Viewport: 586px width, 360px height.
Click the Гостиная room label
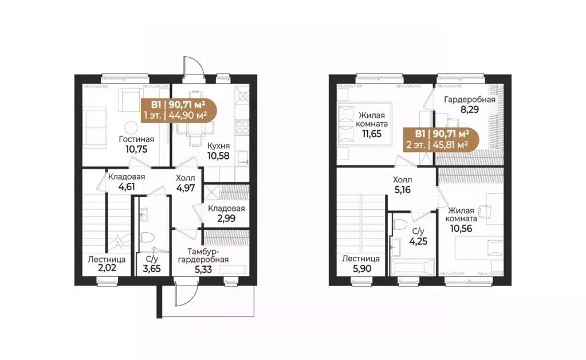[136, 139]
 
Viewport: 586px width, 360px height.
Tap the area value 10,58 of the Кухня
[219, 155]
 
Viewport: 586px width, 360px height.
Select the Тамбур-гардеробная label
[203, 255]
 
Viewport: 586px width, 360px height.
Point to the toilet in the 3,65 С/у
[148, 238]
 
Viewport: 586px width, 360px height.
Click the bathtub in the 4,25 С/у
[413, 268]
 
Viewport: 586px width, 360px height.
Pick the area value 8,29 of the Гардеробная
[469, 109]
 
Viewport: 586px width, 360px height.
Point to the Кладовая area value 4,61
[127, 186]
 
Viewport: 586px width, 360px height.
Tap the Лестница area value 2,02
[107, 268]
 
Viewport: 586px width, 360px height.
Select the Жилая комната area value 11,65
[372, 134]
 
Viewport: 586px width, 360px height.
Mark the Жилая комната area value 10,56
[461, 228]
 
